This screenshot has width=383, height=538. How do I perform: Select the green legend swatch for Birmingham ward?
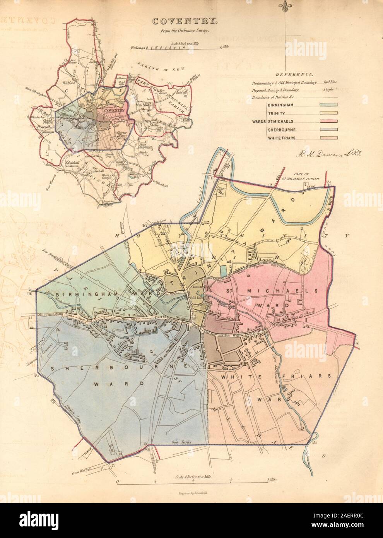click(328, 104)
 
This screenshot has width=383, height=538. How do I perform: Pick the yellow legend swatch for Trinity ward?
click(328, 113)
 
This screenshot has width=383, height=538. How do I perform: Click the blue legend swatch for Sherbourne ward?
click(328, 129)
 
